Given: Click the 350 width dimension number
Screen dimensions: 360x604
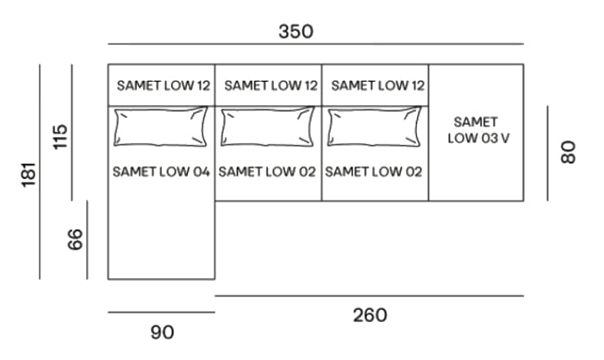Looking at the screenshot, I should [x=296, y=31].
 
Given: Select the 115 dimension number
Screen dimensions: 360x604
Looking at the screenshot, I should [x=59, y=136].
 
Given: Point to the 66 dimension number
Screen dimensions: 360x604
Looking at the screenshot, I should [x=76, y=239].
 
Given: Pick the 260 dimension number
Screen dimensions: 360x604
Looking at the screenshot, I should [x=370, y=315].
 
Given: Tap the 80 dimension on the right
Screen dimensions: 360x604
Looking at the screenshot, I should [x=567, y=152].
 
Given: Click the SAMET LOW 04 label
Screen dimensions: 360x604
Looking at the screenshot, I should [x=161, y=171].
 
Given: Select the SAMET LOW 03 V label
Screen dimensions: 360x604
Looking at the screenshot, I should [x=476, y=130].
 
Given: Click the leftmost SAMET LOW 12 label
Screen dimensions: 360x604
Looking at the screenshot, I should [x=163, y=85].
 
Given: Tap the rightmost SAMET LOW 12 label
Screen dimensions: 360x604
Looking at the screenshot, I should [x=377, y=85].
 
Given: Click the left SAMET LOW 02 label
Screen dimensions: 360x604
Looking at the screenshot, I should [x=268, y=171].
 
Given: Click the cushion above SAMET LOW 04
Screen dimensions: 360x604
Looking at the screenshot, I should [x=160, y=127].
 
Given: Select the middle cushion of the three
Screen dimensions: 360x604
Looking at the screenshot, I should [x=268, y=127].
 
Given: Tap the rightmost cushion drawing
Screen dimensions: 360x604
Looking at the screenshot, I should [x=375, y=127].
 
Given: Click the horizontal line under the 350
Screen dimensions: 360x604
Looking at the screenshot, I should [x=315, y=44].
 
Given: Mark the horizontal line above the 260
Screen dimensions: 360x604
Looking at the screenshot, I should [x=369, y=295].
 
